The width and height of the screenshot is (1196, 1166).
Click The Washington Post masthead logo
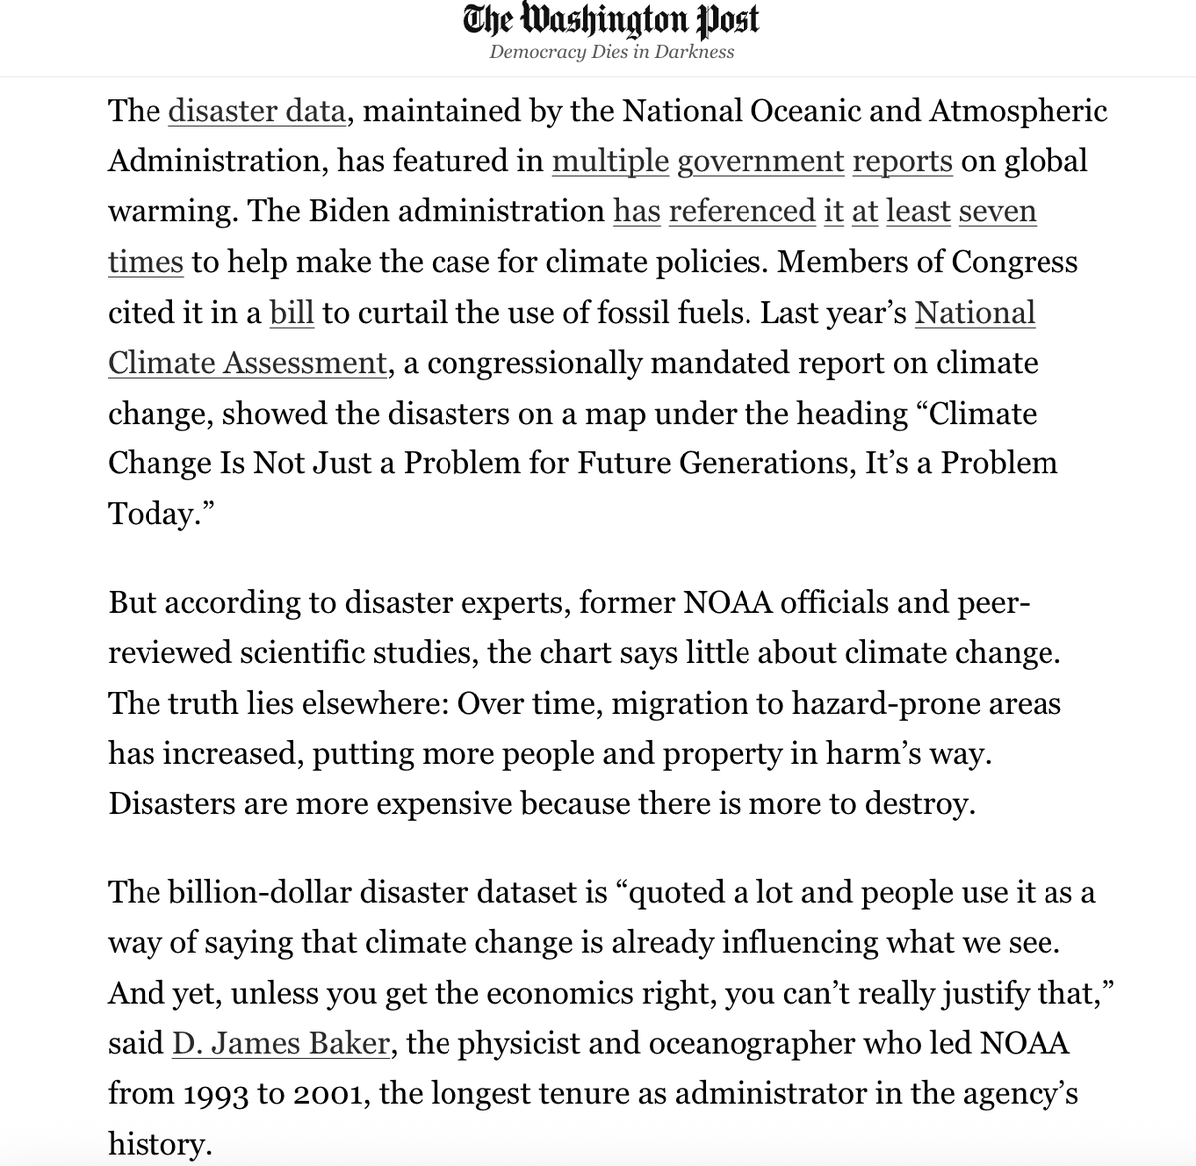point(612,20)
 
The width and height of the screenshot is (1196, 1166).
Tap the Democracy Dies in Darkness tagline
point(612,52)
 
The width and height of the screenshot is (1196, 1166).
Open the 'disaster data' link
point(257,111)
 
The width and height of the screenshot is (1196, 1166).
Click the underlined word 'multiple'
point(610,161)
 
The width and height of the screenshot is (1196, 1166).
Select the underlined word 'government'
point(760,161)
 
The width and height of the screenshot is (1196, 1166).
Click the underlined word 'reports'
point(902,161)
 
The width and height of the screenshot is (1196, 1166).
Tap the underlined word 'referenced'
point(743,212)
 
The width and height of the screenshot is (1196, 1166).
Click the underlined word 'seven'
point(997,212)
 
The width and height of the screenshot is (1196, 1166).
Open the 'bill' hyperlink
point(292,313)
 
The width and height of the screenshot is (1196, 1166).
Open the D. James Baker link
point(280,1044)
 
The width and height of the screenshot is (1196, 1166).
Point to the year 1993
point(217,1095)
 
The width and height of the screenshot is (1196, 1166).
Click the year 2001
point(330,1095)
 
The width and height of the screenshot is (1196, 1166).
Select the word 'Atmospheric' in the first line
point(1018,111)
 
